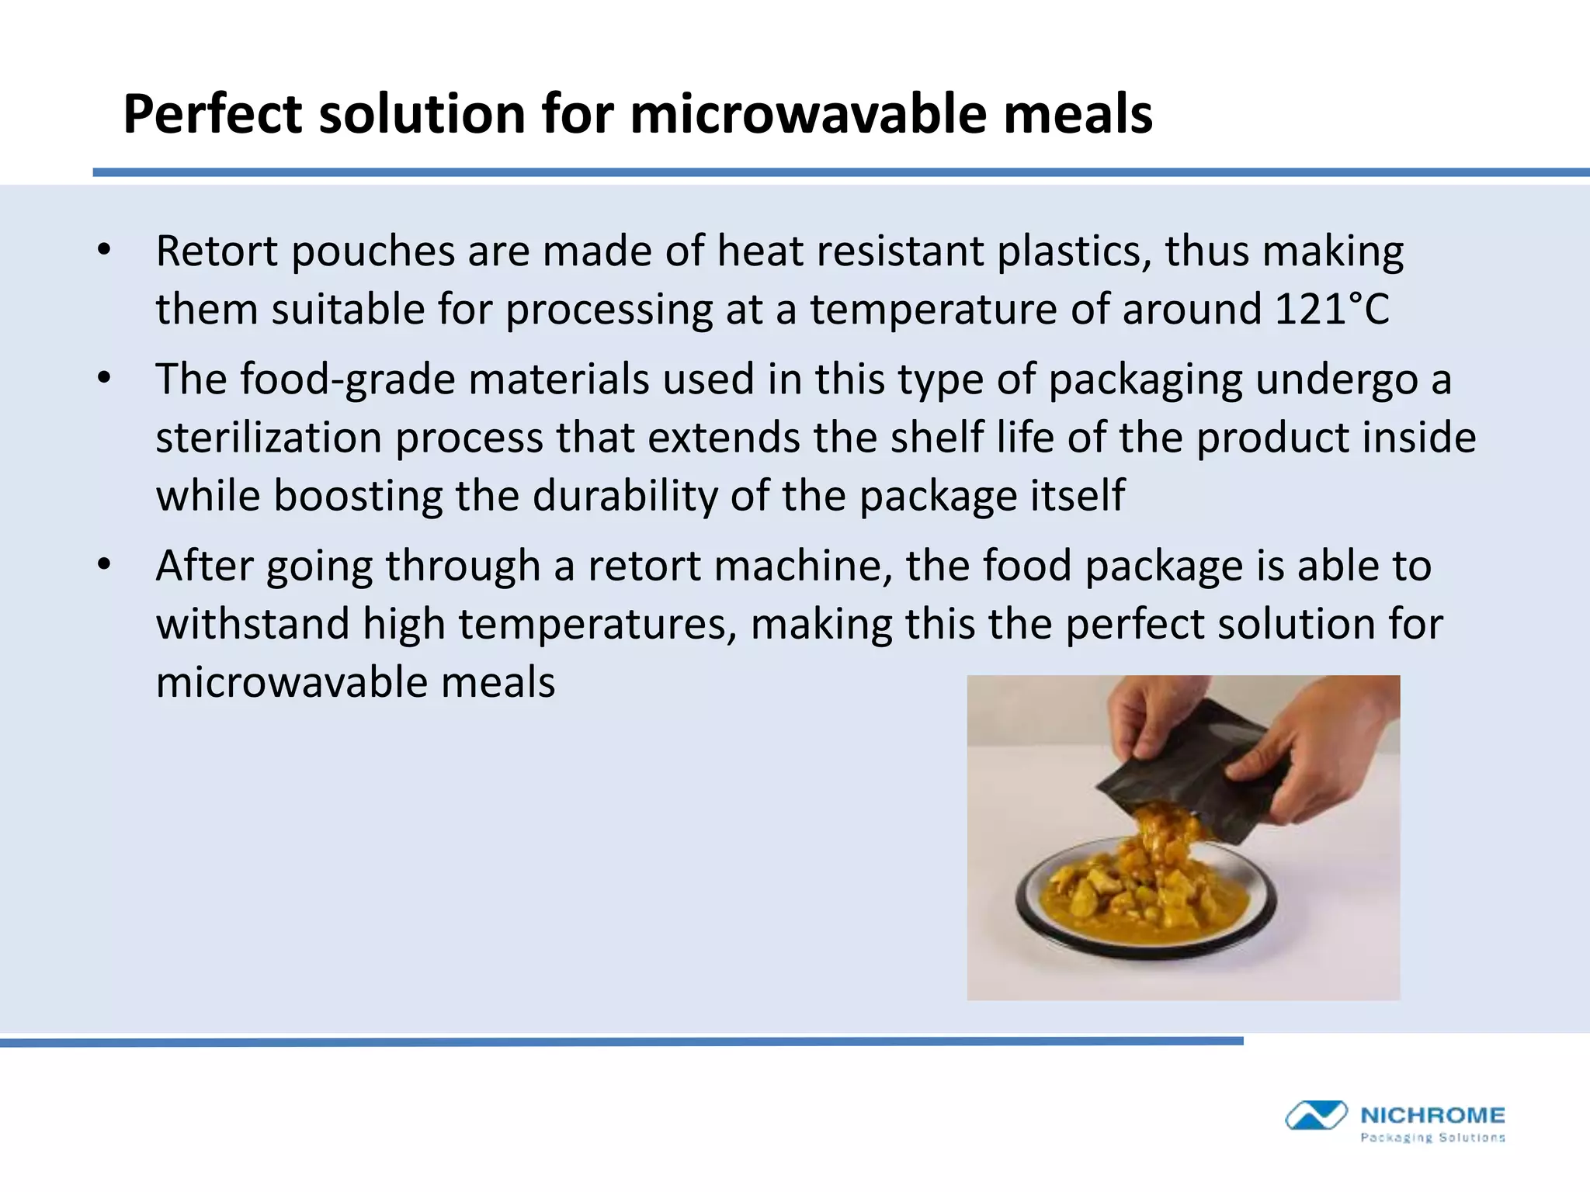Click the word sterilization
point(269,438)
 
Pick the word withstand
point(252,625)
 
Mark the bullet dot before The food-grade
point(105,379)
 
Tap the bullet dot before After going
point(105,566)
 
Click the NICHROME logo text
point(1432,1116)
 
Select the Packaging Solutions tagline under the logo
point(1432,1138)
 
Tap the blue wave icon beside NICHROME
point(1315,1116)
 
